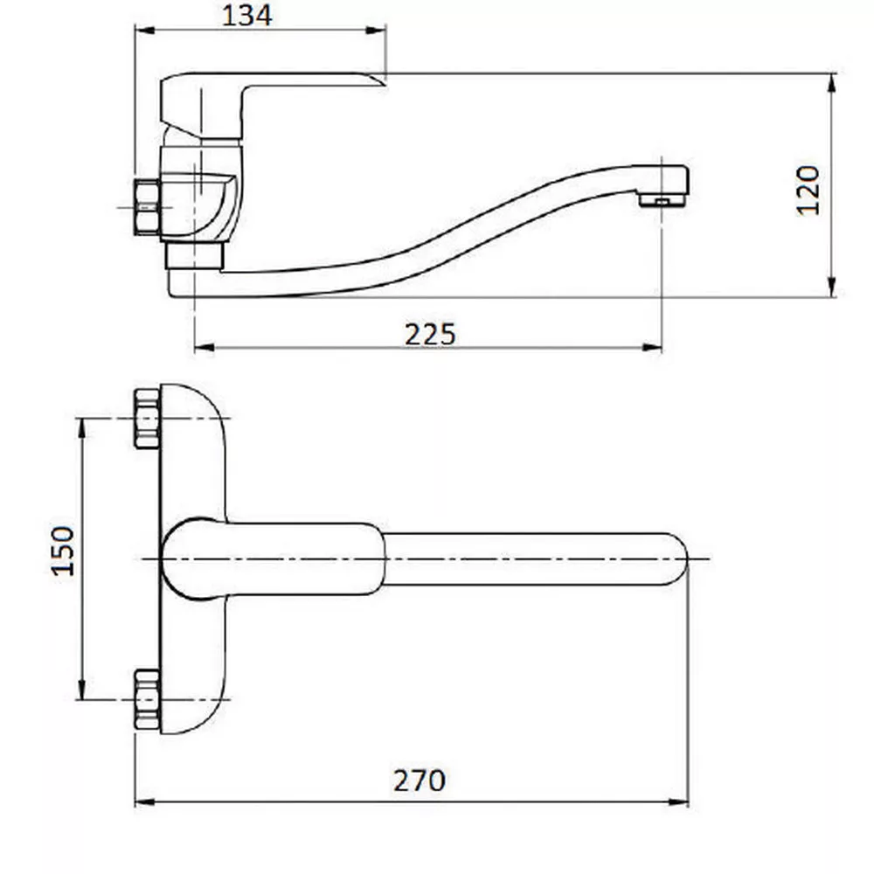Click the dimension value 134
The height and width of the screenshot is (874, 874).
click(247, 16)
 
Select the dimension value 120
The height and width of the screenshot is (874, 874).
click(808, 190)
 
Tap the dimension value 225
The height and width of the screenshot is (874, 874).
click(430, 335)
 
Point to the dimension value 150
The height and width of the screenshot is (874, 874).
click(62, 551)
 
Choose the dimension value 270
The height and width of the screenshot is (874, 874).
click(420, 780)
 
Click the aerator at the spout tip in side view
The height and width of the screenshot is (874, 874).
click(662, 200)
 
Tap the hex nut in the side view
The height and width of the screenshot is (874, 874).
click(147, 207)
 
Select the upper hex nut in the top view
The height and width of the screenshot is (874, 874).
click(147, 419)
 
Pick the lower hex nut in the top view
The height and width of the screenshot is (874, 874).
click(147, 699)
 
